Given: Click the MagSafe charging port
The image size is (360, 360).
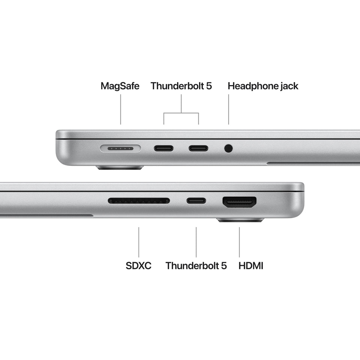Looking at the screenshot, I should [x=120, y=148].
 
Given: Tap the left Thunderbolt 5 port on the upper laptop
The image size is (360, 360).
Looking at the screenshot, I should [x=163, y=148].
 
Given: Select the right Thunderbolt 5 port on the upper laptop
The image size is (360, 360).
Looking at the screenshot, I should [x=198, y=148].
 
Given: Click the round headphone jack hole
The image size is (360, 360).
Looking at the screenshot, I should [x=228, y=148].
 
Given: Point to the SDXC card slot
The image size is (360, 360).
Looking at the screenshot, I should [x=139, y=201].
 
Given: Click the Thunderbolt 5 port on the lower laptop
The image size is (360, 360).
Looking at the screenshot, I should [x=196, y=201].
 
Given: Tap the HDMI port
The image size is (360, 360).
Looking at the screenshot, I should [x=240, y=202].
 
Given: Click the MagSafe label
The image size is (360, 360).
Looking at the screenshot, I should [x=120, y=86].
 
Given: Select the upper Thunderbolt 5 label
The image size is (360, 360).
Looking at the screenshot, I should [x=181, y=86].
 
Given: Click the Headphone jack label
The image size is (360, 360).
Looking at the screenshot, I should [x=263, y=86].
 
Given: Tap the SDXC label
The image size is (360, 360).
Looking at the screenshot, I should [x=139, y=266].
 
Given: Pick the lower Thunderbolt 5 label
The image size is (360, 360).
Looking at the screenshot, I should [x=196, y=266].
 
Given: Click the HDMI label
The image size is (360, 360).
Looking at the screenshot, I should [x=251, y=266].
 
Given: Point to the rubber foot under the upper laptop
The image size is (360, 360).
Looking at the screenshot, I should [x=120, y=168].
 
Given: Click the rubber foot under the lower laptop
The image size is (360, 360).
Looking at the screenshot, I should [x=240, y=220].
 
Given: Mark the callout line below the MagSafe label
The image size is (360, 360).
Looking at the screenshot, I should [x=120, y=109].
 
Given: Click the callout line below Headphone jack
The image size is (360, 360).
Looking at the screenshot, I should [x=228, y=109].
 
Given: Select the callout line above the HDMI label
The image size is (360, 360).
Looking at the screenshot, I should [x=240, y=242].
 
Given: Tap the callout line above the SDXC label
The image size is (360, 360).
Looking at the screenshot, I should [x=139, y=242].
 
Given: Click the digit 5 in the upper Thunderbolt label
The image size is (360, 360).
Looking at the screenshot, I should [x=209, y=86].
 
